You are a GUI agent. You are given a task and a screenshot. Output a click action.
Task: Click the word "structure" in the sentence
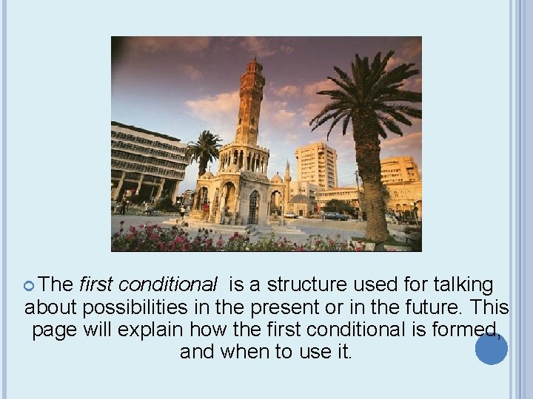304,284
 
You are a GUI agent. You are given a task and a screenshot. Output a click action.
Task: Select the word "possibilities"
141,307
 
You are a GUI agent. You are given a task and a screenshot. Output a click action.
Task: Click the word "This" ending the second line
491,307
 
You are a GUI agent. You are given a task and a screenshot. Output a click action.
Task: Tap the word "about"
50,307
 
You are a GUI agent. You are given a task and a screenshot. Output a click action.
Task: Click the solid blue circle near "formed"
492,349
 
